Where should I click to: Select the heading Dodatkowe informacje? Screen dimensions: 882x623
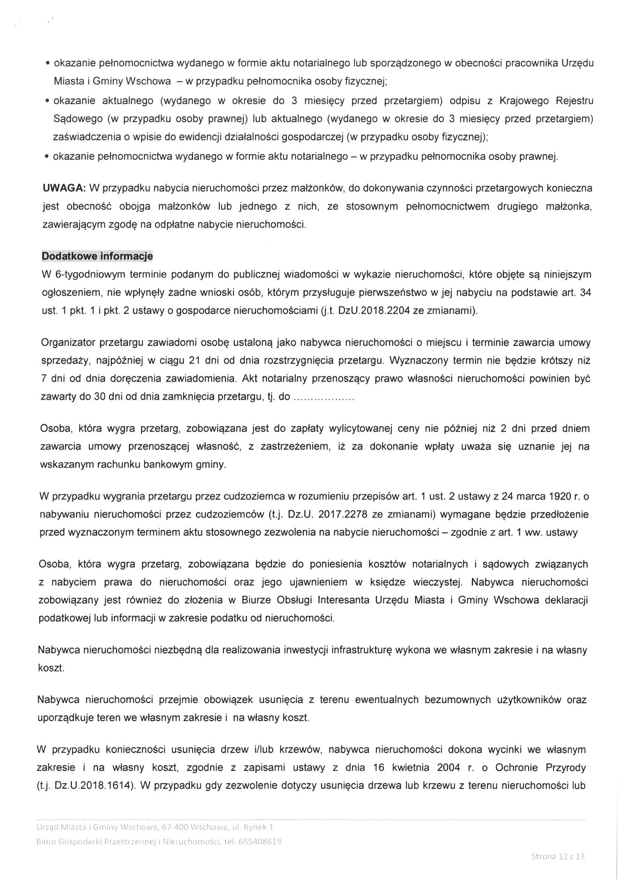click(97, 256)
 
